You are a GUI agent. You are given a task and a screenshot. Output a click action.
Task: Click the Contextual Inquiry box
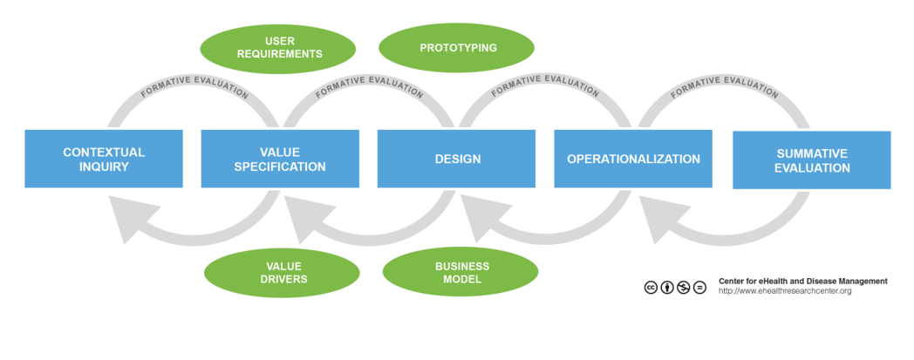coord(104,159)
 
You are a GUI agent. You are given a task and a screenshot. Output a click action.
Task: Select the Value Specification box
coord(280,159)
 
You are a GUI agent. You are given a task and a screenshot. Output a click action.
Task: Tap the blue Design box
coord(456,159)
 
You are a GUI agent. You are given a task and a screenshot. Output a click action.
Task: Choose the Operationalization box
coord(633,159)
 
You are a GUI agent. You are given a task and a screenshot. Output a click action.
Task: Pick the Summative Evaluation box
coord(811,160)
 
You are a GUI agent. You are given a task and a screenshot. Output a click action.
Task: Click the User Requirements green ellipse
coord(278,47)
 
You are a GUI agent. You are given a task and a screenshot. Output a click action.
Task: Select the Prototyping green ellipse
coord(458,47)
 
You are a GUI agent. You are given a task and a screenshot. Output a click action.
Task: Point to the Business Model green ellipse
coord(461,273)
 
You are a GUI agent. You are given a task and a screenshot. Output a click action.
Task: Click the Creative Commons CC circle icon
coord(651,287)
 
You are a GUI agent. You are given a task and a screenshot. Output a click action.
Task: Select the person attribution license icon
coord(667,287)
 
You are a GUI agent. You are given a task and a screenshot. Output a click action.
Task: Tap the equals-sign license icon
coord(699,287)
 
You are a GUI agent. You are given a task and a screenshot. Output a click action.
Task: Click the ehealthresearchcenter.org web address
coord(784,291)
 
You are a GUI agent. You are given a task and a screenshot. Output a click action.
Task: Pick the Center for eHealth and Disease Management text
coord(802,281)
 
